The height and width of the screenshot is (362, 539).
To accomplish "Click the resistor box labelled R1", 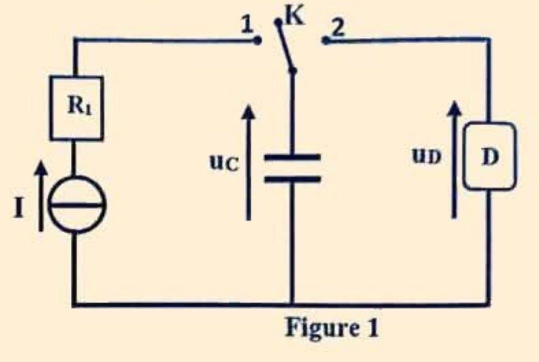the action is tap(76, 108).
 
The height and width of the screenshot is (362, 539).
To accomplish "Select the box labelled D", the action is tap(490, 156).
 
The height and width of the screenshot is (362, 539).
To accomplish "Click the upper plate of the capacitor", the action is tap(292, 158).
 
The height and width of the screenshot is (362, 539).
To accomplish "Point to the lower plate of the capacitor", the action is tap(292, 179).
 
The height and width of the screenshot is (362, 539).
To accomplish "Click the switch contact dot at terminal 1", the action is tap(257, 41).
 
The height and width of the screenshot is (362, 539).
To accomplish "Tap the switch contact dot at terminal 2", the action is tap(325, 41).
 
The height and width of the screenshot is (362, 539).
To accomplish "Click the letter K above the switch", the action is tap(295, 16).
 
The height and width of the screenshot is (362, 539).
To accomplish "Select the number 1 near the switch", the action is tap(247, 25).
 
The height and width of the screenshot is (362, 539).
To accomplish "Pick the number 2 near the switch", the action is tap(338, 27).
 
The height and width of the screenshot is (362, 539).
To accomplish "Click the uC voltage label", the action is tap(224, 162).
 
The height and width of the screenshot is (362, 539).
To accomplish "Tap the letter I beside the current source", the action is tap(19, 208).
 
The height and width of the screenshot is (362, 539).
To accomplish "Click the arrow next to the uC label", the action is tap(248, 162).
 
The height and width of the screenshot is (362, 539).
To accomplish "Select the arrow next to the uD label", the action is tap(455, 160).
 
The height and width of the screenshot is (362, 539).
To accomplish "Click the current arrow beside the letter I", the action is tap(41, 196).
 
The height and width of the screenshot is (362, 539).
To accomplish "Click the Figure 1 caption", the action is tap(332, 328).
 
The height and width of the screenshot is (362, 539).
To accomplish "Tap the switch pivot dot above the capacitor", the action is tap(292, 71).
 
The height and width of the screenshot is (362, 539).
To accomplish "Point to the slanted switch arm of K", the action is tap(285, 47).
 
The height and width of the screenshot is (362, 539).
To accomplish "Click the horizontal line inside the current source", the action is tap(77, 205).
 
